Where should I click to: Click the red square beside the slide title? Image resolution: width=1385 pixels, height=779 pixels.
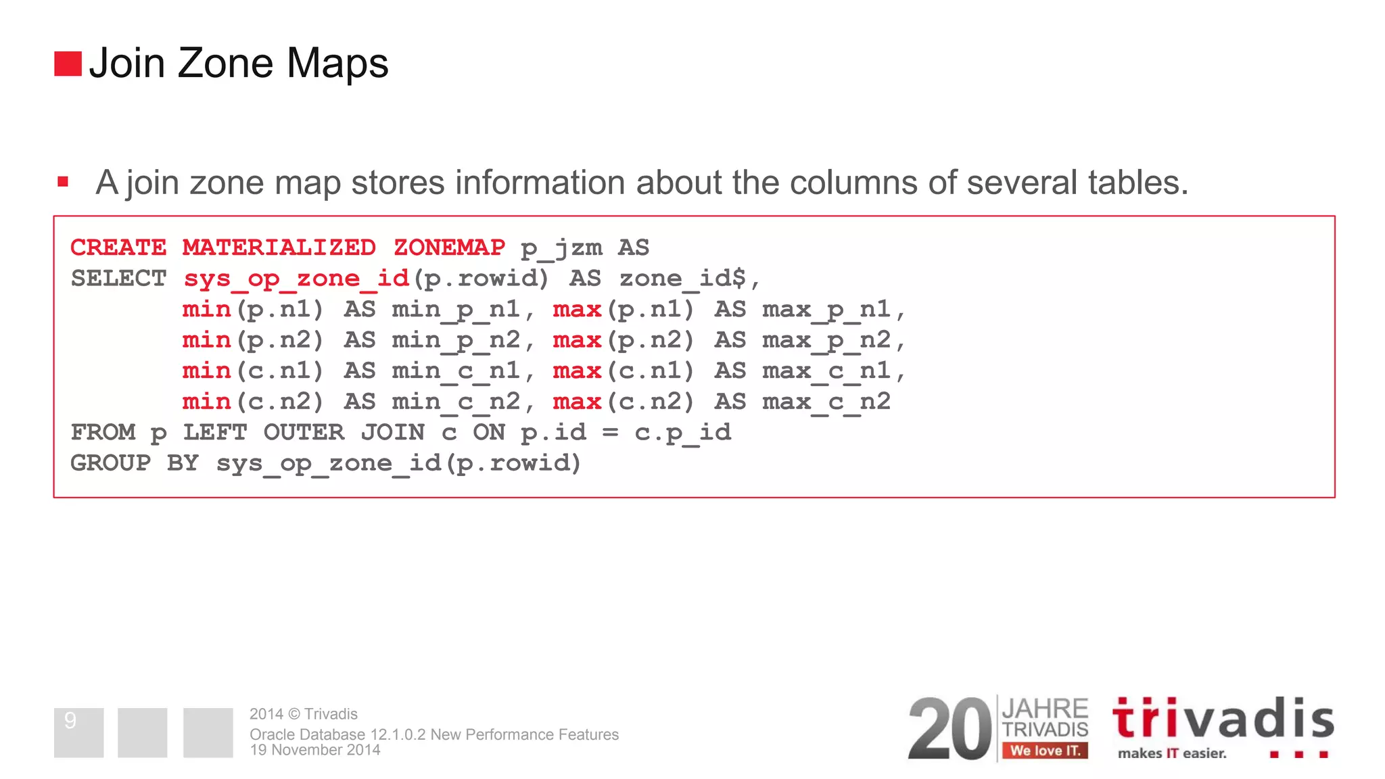[x=68, y=64]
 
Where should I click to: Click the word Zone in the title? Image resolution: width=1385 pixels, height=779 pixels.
[x=225, y=64]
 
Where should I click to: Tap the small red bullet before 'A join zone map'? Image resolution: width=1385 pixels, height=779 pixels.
[x=63, y=181]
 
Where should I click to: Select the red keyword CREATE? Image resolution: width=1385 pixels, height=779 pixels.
[x=118, y=247]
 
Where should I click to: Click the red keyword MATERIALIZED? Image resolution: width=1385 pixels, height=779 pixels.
[x=279, y=247]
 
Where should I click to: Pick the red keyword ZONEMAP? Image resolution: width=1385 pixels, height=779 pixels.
[x=449, y=247]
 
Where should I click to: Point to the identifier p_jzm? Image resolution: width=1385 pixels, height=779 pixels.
[x=561, y=248]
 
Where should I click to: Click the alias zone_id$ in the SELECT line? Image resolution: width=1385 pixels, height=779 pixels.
[x=683, y=279]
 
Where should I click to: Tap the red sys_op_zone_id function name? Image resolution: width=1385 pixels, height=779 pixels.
[x=296, y=279]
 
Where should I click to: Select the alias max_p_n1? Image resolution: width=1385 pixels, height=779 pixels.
[x=826, y=310]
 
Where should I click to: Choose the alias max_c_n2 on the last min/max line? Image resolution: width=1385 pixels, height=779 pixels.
[x=826, y=402]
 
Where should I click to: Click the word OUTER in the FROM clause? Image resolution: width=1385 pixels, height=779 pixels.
[x=304, y=432]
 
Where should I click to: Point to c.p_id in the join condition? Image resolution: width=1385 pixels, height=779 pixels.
[x=682, y=433]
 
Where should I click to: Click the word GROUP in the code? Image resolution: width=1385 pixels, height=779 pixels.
[x=110, y=463]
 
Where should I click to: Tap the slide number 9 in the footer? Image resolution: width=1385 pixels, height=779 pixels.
[x=70, y=721]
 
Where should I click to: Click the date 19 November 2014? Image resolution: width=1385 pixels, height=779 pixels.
[x=314, y=750]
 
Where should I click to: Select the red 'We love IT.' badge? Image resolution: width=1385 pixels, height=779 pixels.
[x=1045, y=751]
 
